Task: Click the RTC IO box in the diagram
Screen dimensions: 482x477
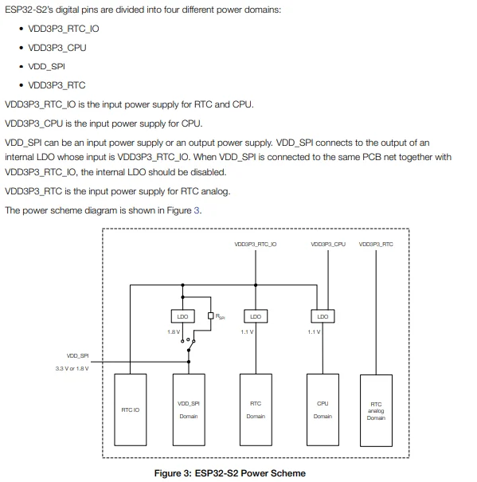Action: point(130,410)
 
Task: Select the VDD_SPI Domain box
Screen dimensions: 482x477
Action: point(189,410)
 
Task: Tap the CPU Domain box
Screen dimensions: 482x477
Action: point(323,410)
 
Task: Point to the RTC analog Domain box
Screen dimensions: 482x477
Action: point(376,410)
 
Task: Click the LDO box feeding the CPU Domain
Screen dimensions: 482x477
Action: point(323,316)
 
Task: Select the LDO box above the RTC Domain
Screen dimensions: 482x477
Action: point(256,316)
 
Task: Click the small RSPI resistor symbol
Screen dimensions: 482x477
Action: point(210,316)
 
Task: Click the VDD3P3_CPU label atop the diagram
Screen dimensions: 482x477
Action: point(327,244)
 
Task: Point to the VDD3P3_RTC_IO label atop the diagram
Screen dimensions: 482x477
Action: point(256,244)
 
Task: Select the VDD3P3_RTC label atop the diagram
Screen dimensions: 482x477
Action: point(376,244)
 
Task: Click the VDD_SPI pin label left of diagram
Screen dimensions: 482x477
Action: point(77,356)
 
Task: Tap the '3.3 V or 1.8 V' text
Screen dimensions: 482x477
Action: point(72,368)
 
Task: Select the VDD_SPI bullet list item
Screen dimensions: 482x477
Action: point(45,66)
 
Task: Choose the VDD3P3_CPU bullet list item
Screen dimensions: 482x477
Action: point(57,47)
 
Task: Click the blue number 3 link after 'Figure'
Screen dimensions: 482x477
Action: point(198,210)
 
